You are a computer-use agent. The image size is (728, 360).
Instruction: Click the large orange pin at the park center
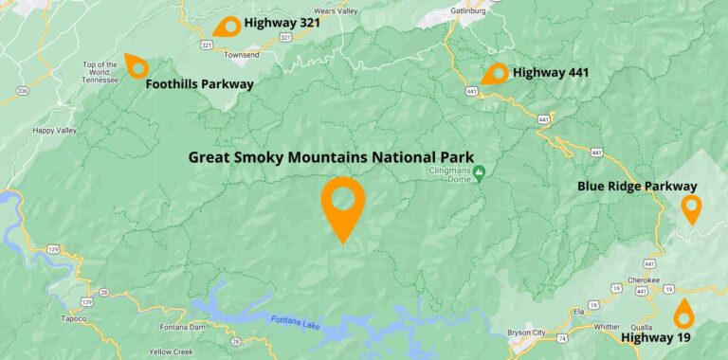click(342, 204)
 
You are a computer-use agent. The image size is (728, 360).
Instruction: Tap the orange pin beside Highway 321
click(227, 26)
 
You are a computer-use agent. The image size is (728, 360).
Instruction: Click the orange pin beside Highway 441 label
click(495, 74)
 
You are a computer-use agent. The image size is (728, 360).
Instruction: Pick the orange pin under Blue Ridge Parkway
click(691, 207)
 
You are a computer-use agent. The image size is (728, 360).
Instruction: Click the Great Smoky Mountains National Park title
click(331, 157)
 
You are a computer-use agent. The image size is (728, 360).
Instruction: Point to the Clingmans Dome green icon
click(480, 172)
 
